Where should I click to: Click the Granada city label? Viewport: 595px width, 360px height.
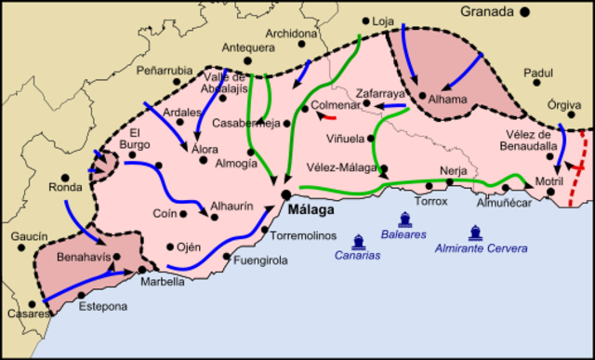click(x=489, y=11)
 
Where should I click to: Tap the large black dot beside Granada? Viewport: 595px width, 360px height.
click(x=525, y=11)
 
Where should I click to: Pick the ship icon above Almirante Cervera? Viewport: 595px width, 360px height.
click(x=476, y=233)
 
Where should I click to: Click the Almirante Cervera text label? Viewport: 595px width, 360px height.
click(x=481, y=248)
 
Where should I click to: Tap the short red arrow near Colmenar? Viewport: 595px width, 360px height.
click(x=327, y=116)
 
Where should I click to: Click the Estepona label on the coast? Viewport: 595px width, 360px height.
click(x=103, y=306)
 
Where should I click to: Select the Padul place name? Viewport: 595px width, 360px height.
click(x=537, y=72)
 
